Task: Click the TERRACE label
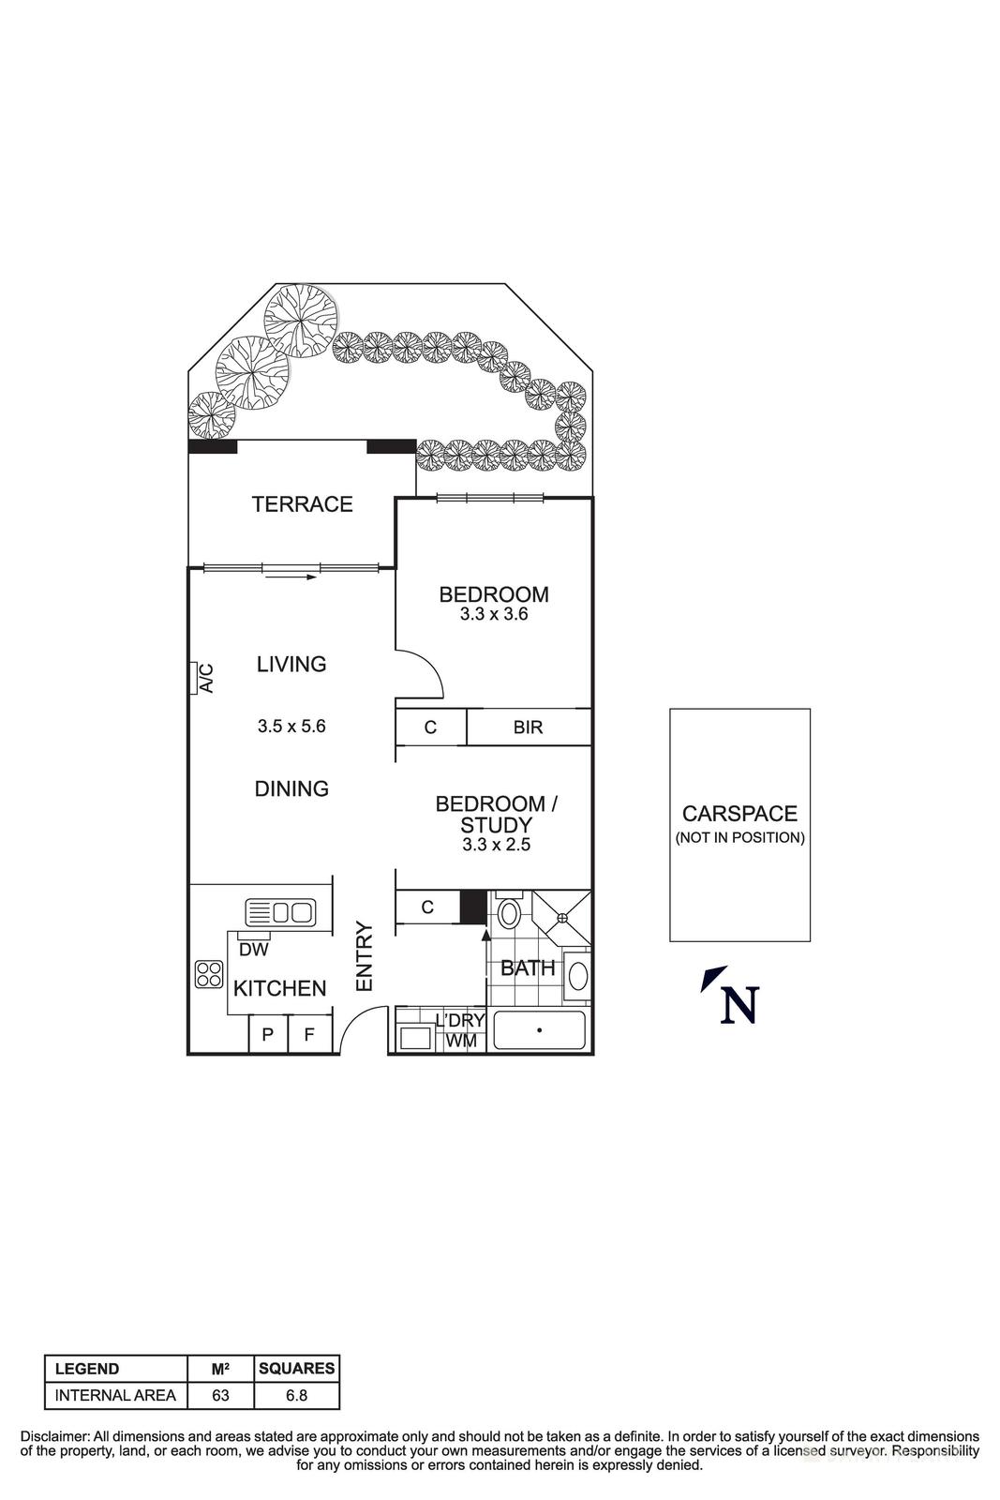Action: point(302,504)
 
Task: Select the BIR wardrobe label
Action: point(528,727)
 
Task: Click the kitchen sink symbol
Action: point(280,911)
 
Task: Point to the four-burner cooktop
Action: point(208,975)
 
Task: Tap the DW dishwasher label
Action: point(253,949)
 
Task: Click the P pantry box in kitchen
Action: point(267,1035)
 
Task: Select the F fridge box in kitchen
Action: point(309,1035)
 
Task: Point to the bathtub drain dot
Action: point(539,1029)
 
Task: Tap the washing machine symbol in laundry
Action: point(414,1038)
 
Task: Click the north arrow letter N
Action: point(739,1005)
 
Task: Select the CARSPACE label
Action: point(739,814)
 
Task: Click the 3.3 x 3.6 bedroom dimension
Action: point(494,615)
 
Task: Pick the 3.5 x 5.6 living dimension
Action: point(291,726)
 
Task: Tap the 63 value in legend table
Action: point(220,1395)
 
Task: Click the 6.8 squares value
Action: point(296,1395)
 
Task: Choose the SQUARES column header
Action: point(296,1369)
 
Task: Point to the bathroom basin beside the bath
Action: point(578,975)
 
